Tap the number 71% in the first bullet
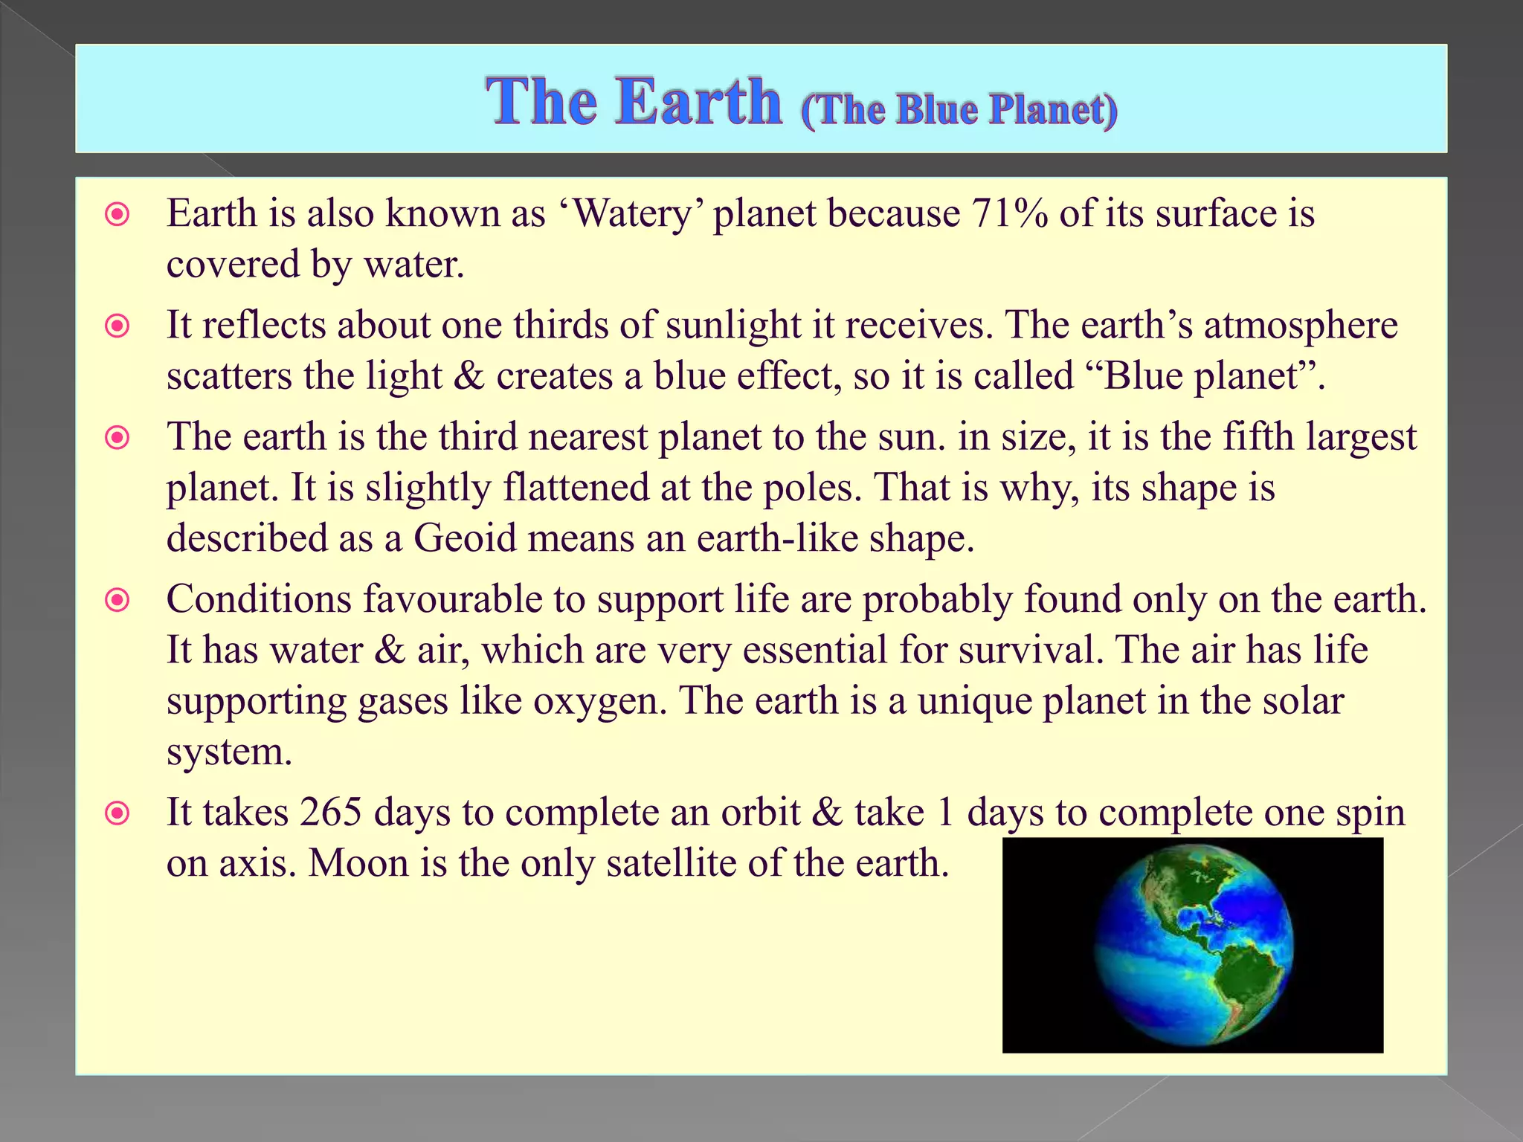coord(1009,214)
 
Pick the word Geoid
coord(464,538)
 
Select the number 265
coord(330,812)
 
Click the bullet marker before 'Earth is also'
coord(117,215)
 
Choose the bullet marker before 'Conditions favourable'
coord(117,599)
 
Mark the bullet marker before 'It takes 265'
coord(117,813)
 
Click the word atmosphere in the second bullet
coord(1301,325)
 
